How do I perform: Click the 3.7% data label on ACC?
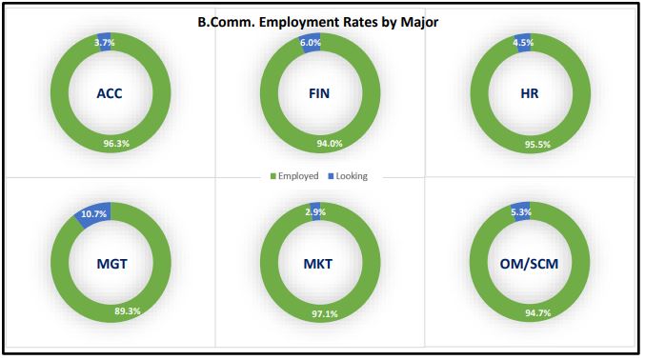104,43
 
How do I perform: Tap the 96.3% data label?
116,144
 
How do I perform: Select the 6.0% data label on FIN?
312,43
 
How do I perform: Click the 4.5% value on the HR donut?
521,43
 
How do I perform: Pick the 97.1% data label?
327,311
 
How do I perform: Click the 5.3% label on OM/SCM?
520,210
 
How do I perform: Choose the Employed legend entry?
294,176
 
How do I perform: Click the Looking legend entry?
348,176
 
